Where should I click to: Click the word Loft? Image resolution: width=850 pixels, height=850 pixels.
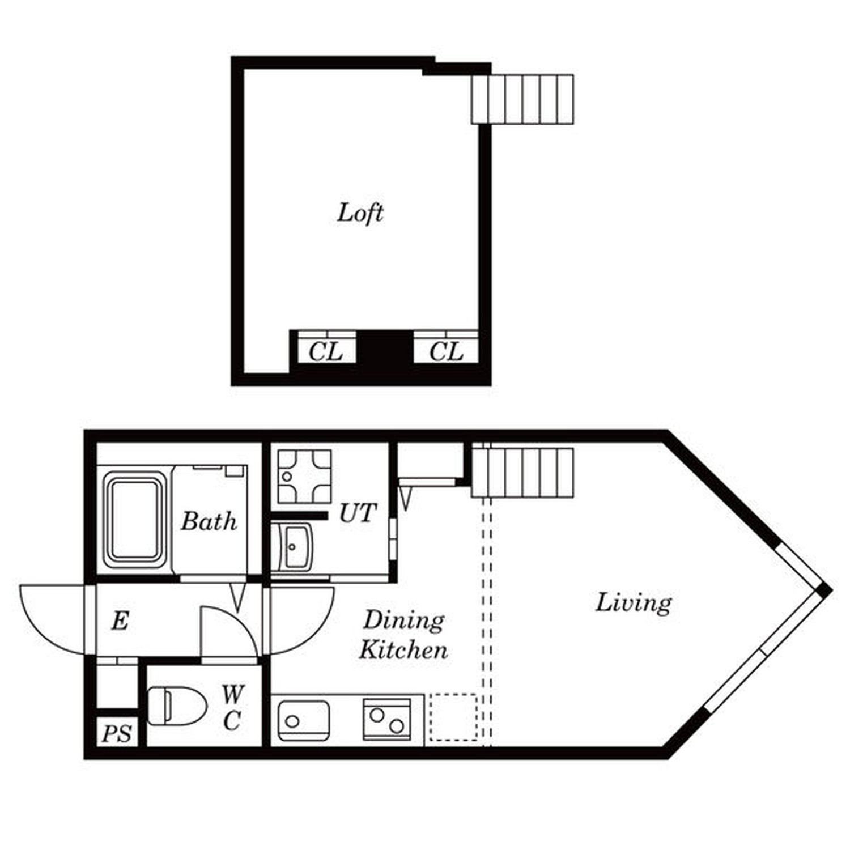click(360, 213)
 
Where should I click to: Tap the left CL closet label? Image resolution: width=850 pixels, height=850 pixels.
click(325, 352)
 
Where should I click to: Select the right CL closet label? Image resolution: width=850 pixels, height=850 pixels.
click(446, 352)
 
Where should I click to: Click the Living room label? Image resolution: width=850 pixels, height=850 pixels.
click(634, 603)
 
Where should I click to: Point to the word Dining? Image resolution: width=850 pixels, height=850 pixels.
click(403, 621)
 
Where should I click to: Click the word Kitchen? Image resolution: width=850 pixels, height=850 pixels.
click(403, 649)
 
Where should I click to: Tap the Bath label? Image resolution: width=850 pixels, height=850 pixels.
click(209, 521)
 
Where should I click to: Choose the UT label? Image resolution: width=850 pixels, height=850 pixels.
click(358, 513)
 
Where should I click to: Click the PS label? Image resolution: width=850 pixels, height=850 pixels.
click(117, 734)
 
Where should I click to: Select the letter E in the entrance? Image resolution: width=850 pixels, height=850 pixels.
click(120, 622)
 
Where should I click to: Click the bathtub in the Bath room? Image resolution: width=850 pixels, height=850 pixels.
click(135, 520)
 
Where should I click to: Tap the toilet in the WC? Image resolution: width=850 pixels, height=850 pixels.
click(177, 706)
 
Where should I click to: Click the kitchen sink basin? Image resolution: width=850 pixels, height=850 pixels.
click(304, 720)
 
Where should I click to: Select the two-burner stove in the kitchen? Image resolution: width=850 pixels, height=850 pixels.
click(387, 719)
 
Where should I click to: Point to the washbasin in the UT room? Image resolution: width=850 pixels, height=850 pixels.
click(291, 546)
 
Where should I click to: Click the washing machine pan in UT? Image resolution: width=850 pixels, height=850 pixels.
click(304, 477)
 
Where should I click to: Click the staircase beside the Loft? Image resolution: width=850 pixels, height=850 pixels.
click(522, 99)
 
